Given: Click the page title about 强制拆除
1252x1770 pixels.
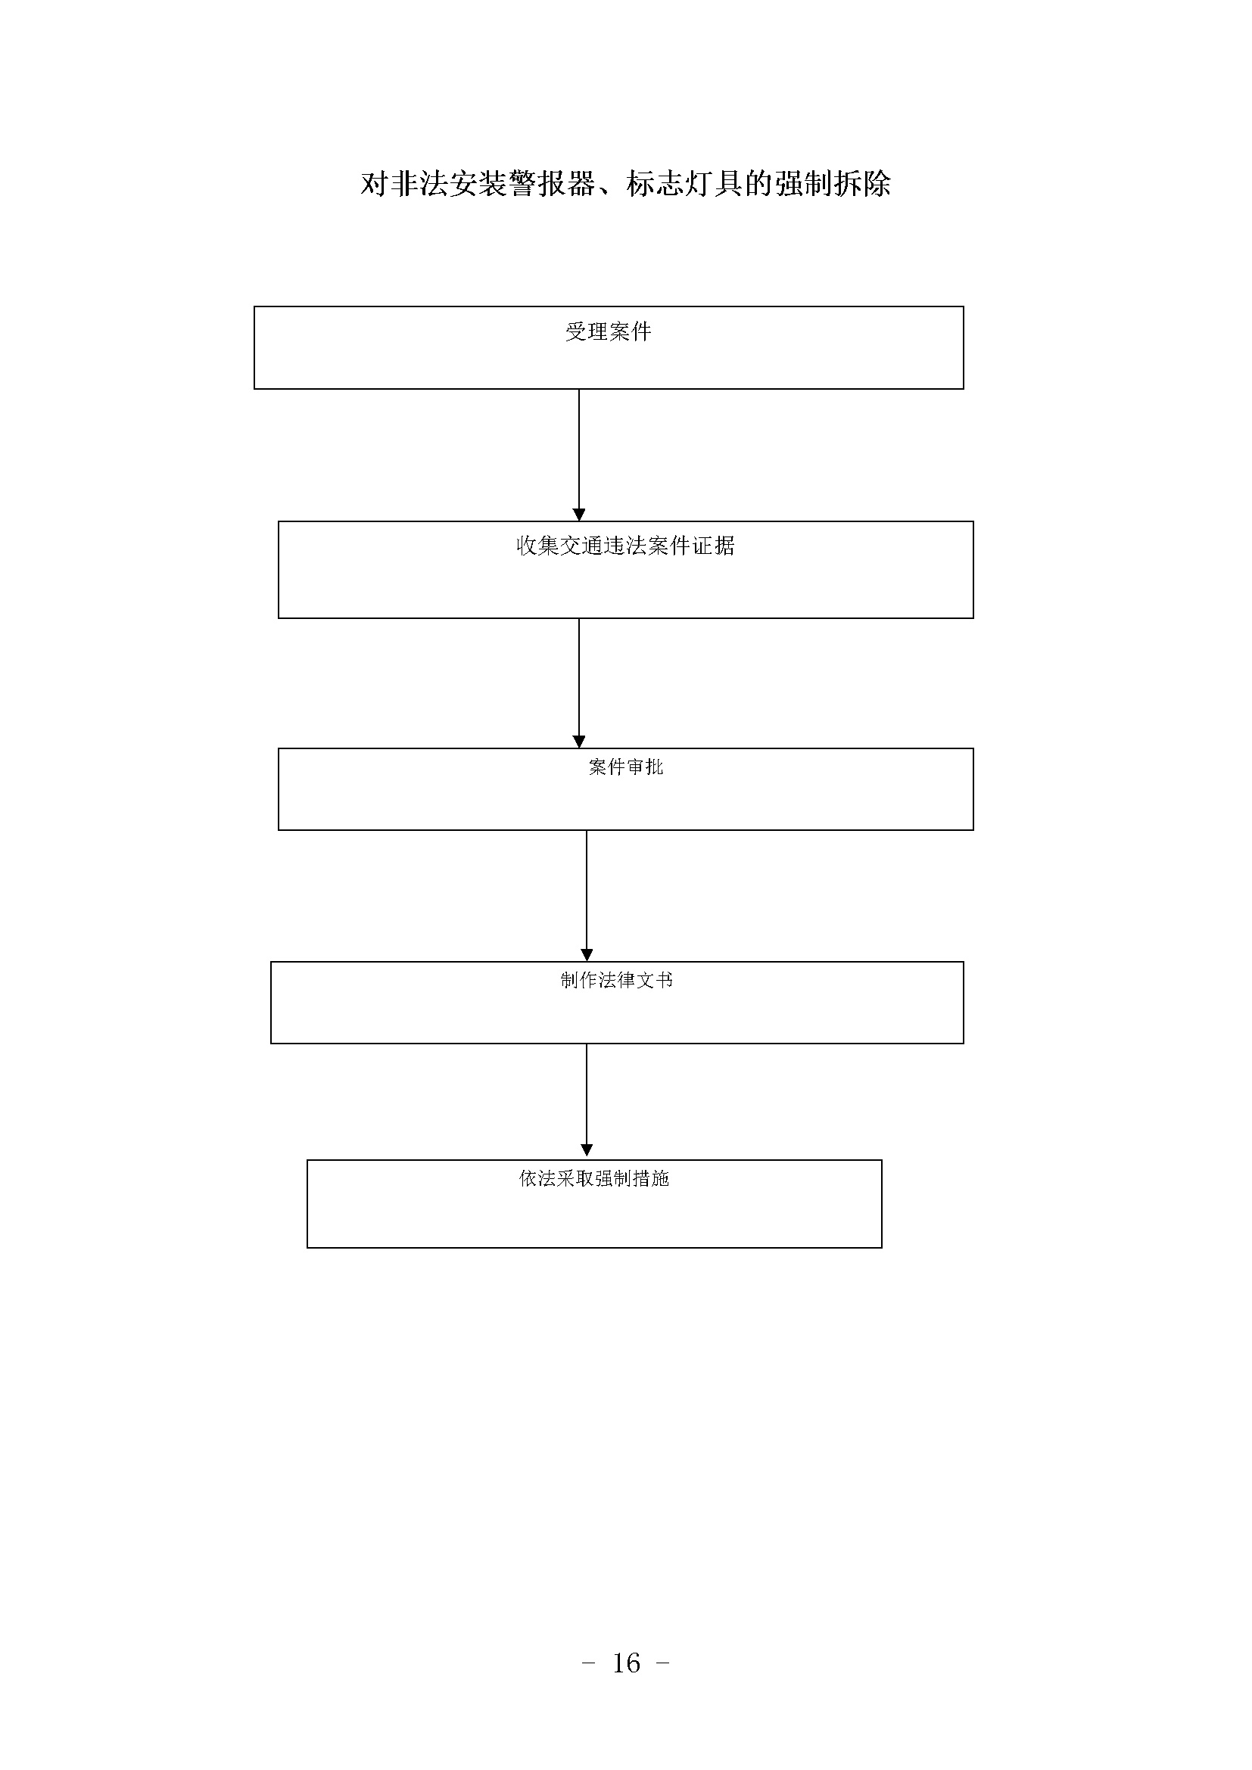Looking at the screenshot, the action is pos(625,184).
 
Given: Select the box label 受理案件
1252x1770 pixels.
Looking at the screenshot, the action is pos(609,332).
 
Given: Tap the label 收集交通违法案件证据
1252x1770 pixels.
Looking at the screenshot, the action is pos(625,546).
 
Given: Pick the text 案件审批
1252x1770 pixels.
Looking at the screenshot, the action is pos(625,767).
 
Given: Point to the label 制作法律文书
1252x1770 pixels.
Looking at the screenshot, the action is pos(617,980).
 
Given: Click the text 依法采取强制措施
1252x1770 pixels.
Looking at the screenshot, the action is pos(593,1178).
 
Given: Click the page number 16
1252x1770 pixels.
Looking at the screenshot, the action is pos(626,1663).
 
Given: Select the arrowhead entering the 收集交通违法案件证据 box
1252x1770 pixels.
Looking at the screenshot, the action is pos(579,515).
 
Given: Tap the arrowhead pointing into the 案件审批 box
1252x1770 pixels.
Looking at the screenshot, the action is pos(579,742).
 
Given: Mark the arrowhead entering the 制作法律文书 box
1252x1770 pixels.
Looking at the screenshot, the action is pos(587,955).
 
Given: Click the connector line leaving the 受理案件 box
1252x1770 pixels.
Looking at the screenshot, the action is pos(579,449).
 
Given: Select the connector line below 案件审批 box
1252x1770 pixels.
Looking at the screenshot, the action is pos(587,891).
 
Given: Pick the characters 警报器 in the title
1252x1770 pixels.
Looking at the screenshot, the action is pos(551,184).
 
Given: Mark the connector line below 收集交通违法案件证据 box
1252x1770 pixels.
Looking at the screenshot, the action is pos(579,677).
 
